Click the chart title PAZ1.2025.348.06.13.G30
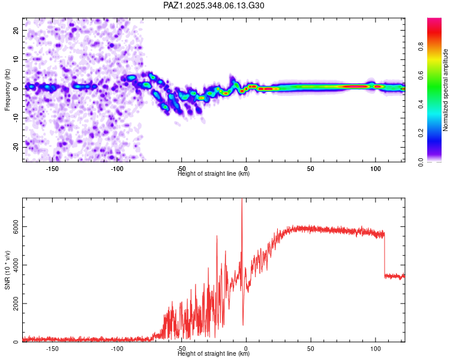pyautogui.click(x=214, y=5)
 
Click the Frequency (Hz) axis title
pyautogui.click(x=7, y=90)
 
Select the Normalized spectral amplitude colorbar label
pyautogui.click(x=446, y=90)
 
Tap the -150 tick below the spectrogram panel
pyautogui.click(x=52, y=169)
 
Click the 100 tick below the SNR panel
pyautogui.click(x=376, y=349)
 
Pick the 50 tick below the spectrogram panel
pyautogui.click(x=311, y=169)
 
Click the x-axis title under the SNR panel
pyautogui.click(x=214, y=354)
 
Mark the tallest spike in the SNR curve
pyautogui.click(x=242, y=201)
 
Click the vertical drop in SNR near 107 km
pyautogui.click(x=385, y=255)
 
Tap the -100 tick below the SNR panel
pyautogui.click(x=117, y=349)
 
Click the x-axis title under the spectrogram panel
pyautogui.click(x=214, y=174)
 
